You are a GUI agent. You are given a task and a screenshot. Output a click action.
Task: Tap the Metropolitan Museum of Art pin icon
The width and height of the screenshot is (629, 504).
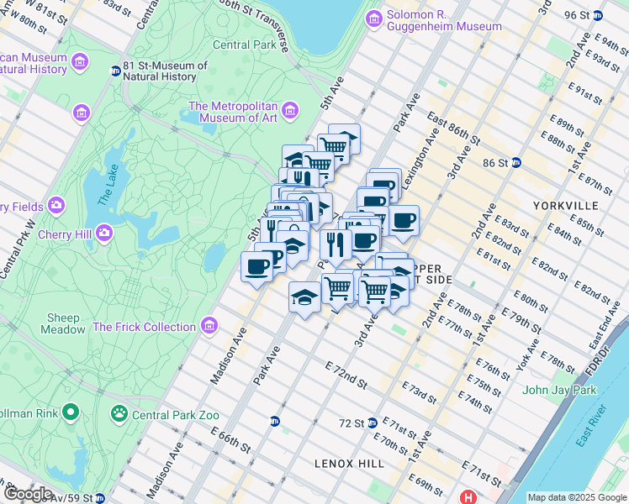coord(290,111)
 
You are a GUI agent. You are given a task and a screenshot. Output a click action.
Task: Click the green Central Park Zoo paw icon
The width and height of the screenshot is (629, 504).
coord(119,413)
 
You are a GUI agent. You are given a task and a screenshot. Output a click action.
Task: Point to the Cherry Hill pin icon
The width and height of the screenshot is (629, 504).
coord(104,232)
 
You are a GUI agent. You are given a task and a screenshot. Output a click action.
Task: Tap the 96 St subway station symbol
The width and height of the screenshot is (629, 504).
coord(598,15)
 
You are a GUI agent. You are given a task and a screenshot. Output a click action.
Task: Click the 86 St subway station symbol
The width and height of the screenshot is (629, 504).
coord(517,162)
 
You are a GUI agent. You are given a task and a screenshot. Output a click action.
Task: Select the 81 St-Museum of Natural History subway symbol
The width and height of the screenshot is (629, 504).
coord(115,71)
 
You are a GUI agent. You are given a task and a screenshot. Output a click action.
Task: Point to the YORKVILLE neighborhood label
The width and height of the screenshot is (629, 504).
coord(565,205)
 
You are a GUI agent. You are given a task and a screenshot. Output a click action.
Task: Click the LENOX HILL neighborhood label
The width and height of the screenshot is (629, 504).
coord(349,463)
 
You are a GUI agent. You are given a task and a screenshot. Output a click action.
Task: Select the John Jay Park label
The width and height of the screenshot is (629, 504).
coord(558,390)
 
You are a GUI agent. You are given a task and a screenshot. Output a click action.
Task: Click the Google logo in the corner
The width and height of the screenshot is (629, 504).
coord(28,494)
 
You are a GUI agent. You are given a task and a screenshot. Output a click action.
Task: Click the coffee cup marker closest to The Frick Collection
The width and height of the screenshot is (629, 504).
coord(256,267)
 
